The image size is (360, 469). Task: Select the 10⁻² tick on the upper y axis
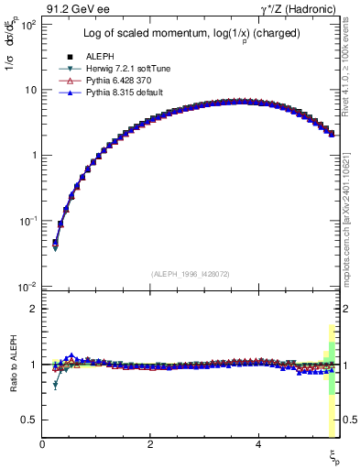(x=28, y=287)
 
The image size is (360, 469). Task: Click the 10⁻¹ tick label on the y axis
(x=28, y=221)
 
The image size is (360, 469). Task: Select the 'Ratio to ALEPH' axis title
(x=12, y=365)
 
